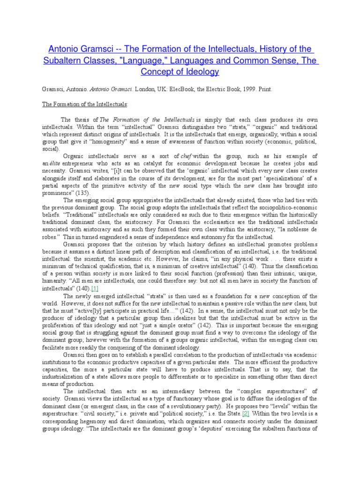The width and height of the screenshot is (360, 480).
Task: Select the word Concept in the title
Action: [159, 72]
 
